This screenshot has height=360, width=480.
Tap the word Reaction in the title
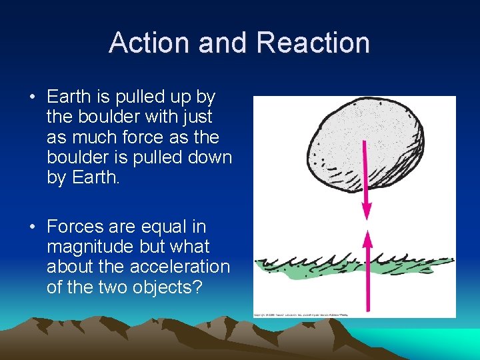(x=313, y=43)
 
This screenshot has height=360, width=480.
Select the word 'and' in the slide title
(x=224, y=43)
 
